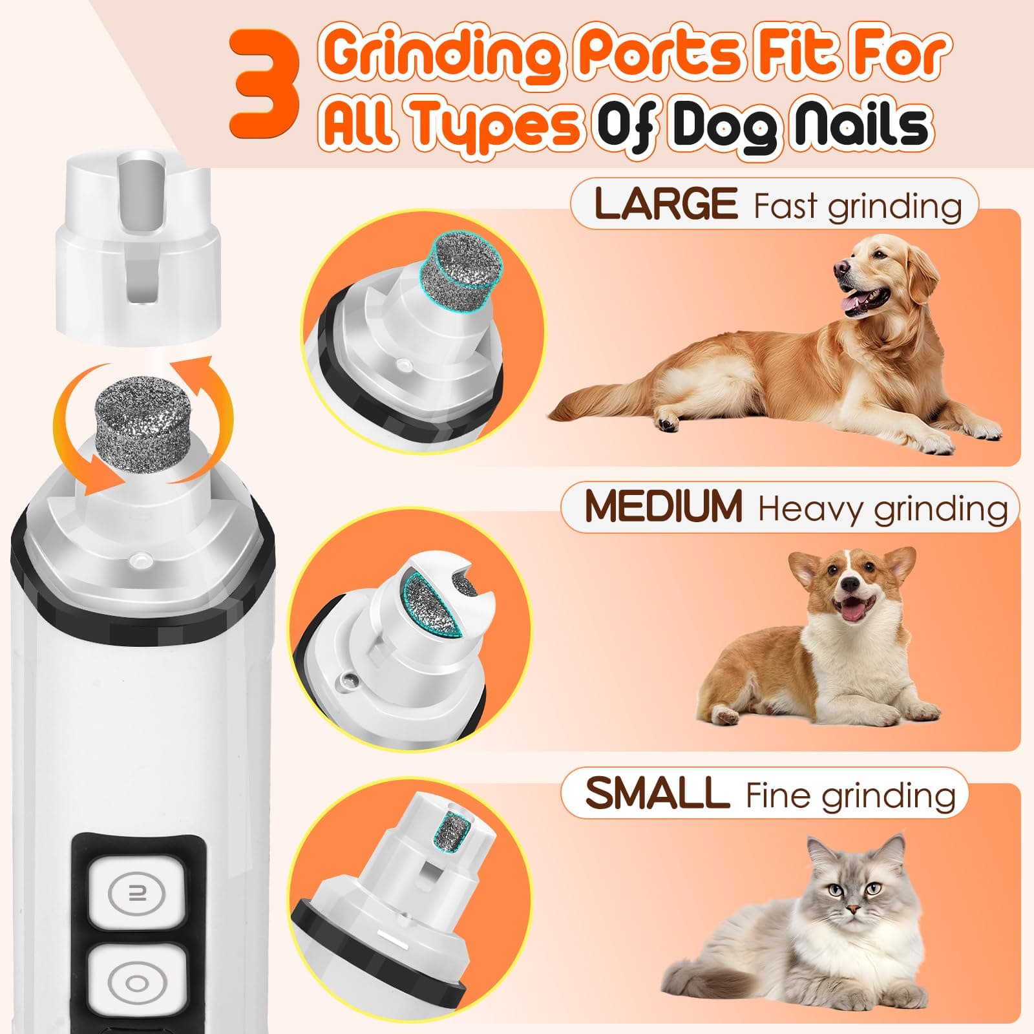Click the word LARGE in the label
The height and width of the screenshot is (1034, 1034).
click(x=666, y=204)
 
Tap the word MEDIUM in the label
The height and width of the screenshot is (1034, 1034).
click(x=663, y=506)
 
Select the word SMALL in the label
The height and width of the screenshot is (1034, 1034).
click(x=657, y=793)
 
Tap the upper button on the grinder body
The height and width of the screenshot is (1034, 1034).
click(x=136, y=893)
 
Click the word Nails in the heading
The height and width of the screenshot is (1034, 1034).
click(x=863, y=124)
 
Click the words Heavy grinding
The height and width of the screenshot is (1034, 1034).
click(x=883, y=509)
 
